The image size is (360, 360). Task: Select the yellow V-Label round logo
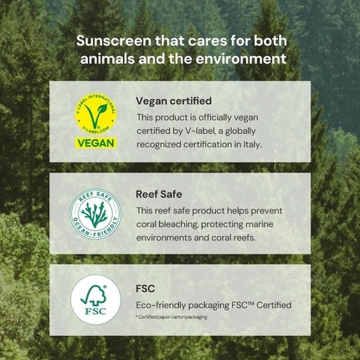[95, 114]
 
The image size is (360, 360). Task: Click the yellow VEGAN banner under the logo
[95, 143]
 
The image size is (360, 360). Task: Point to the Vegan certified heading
[173, 101]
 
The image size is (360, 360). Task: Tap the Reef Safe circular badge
[95, 213]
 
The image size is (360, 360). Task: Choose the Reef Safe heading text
[158, 194]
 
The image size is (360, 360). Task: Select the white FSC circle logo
[95, 299]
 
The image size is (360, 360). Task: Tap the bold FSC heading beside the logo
[145, 289]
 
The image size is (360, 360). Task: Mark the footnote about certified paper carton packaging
[171, 317]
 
